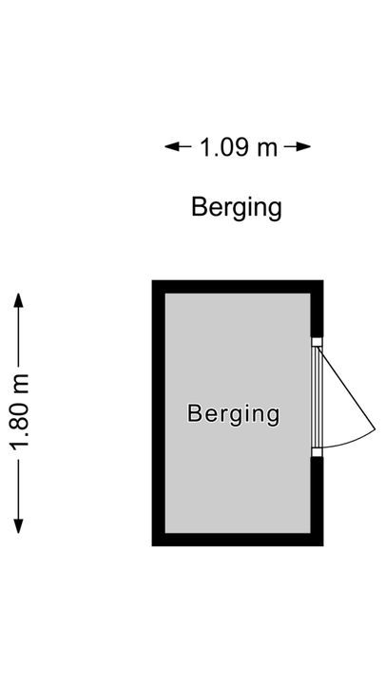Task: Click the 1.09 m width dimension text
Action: pos(238,147)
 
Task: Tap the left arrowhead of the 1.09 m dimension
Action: pos(172,146)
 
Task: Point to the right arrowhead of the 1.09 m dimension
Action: pos(303,146)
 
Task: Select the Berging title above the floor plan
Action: pos(236,208)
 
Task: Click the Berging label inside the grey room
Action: pos(233,414)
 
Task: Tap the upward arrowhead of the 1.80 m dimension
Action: pos(18,300)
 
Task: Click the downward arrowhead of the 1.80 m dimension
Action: pos(18,526)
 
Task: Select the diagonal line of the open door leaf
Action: pos(347,389)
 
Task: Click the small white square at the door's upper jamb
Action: pos(317,342)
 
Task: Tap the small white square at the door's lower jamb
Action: pos(317,452)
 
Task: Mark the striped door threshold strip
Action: pos(317,397)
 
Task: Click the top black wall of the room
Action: pos(238,287)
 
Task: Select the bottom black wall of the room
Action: pos(238,540)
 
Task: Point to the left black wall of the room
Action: pos(159,413)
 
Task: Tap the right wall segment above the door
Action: pos(317,309)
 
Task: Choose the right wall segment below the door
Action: pos(317,502)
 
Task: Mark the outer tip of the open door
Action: pos(375,429)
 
